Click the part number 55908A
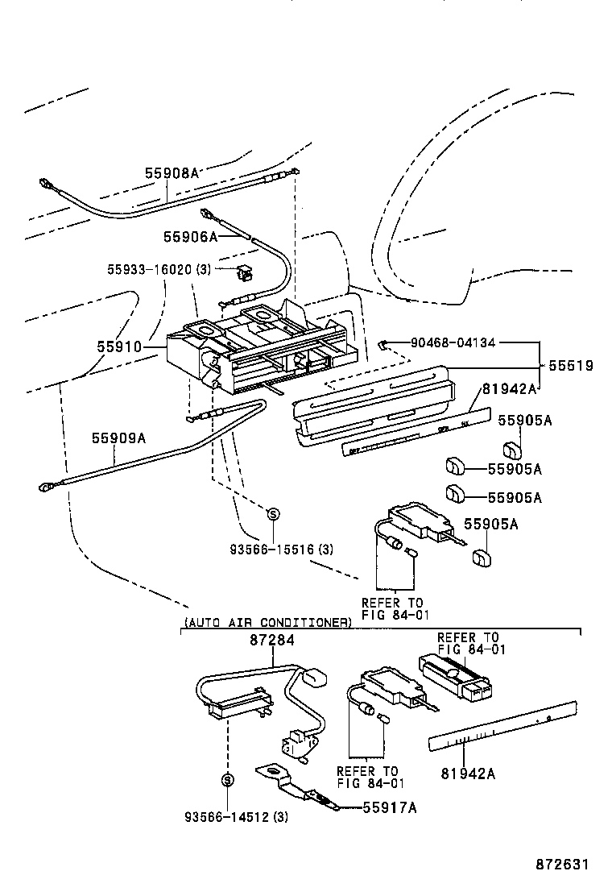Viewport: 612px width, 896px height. coord(171,172)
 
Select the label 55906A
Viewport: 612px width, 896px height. coord(190,236)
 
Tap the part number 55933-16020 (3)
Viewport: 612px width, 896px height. coord(159,269)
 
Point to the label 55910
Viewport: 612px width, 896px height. coord(119,347)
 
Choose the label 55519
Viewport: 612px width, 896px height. coord(571,366)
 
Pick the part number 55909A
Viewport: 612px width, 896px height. coord(118,438)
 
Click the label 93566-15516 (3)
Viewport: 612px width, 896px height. coord(270,550)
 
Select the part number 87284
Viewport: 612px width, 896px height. coord(272,640)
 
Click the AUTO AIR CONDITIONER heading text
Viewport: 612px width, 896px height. coord(267,622)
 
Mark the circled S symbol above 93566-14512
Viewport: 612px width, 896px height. coord(227,779)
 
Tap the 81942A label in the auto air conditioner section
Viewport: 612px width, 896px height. coord(468,774)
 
